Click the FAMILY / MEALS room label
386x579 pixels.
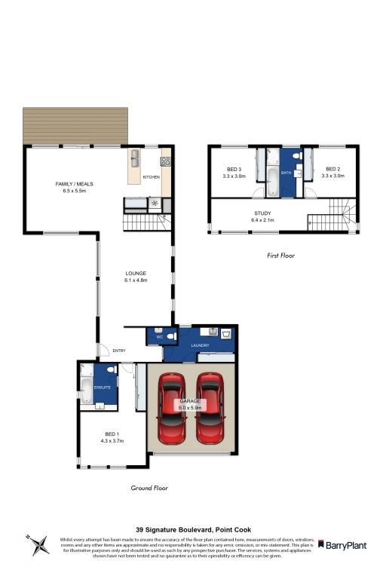pos(74,184)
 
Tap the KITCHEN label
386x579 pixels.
pos(152,177)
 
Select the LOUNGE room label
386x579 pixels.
pos(136,273)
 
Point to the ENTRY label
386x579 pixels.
pos(119,351)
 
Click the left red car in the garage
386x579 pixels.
pos(171,409)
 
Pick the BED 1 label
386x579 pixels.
pos(111,434)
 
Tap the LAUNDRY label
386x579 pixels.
pos(200,346)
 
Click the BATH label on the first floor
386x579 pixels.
pos(286,173)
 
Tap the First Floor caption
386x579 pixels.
pos(281,256)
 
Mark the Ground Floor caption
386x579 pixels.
pos(149,488)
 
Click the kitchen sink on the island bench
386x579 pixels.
pos(136,158)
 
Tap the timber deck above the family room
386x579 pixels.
pos(75,124)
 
